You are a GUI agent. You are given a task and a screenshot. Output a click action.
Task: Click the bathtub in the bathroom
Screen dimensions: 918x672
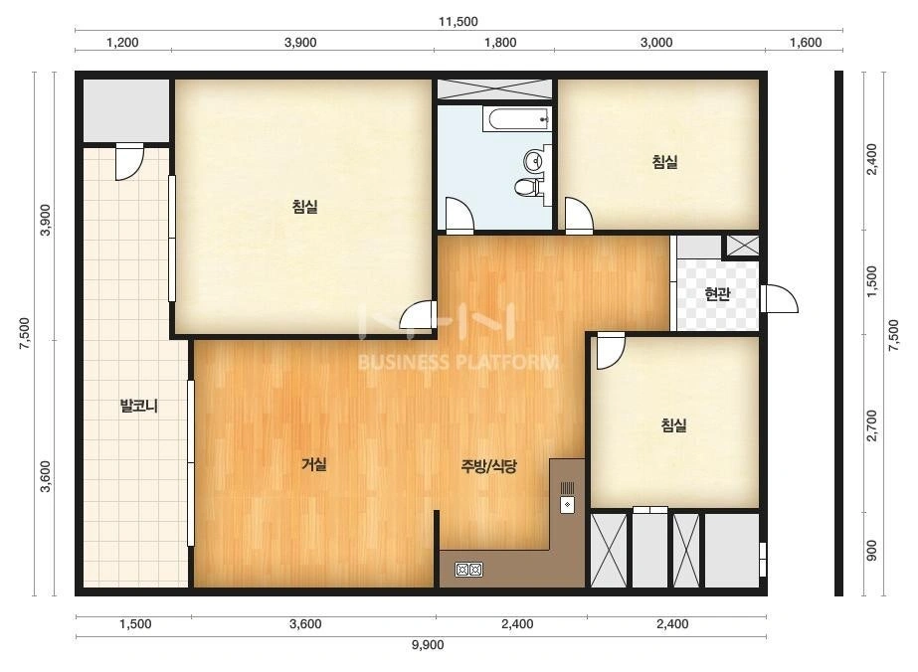coord(517,119)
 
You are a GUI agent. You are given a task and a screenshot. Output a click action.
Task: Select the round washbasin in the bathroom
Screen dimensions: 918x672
coord(534,159)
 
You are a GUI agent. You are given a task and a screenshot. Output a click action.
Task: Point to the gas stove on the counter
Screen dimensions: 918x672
coord(469,570)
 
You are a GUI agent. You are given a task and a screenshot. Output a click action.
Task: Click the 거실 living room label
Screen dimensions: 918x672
coord(314,465)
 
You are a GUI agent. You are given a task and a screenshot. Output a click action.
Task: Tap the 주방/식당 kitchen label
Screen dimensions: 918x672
coord(489,466)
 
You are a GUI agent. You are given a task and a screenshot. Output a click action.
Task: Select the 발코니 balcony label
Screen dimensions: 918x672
coord(139,406)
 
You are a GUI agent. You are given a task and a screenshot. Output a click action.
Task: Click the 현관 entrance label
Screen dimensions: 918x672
coord(717,294)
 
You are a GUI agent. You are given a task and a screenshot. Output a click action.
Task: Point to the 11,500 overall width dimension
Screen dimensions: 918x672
coord(459,22)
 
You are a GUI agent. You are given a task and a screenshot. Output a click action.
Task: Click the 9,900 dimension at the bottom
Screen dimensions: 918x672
coord(428,645)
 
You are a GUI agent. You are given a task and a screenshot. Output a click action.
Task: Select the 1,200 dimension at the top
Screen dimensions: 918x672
coord(123,42)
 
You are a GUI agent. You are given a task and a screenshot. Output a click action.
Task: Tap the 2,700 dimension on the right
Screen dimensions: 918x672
coord(871,426)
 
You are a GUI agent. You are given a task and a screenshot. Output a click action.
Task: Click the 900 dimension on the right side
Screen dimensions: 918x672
coord(871,551)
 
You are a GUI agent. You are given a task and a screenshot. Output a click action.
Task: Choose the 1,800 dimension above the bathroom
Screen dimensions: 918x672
coord(500,42)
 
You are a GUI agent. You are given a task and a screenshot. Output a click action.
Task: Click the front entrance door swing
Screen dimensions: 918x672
coord(780,298)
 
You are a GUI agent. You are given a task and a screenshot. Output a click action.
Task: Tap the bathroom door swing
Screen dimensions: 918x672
coord(459,216)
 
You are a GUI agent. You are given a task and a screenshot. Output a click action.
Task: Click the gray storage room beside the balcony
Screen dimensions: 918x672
coord(126,110)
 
